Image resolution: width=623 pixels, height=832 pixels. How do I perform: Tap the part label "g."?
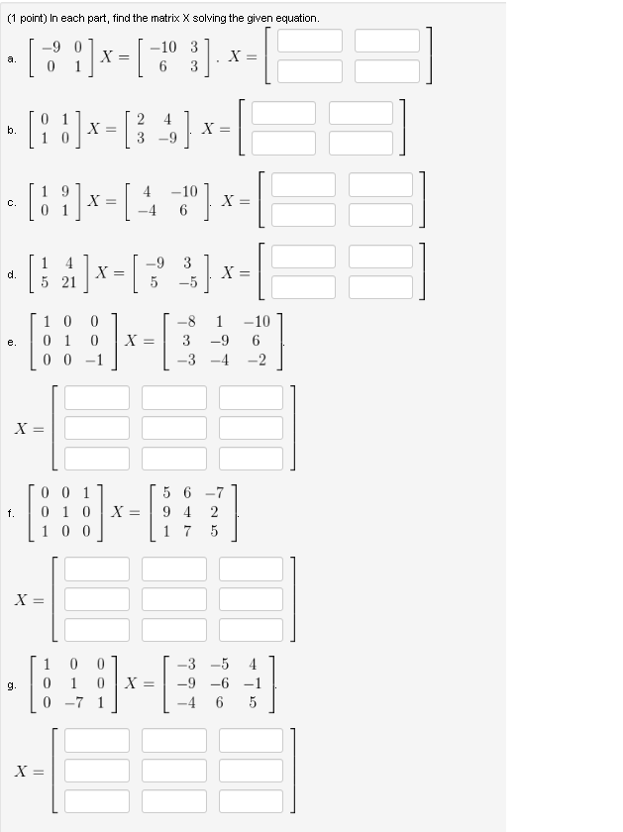click(x=11, y=683)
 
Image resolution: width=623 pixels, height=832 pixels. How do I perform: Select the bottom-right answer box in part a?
click(x=387, y=71)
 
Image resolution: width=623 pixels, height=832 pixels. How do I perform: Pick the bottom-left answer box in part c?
click(x=303, y=214)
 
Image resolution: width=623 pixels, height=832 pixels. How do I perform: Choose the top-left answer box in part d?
click(x=303, y=256)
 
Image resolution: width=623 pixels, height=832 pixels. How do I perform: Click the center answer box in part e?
click(x=173, y=427)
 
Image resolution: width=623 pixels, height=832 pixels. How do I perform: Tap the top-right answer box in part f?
click(x=251, y=569)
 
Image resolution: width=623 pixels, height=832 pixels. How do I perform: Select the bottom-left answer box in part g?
click(x=97, y=799)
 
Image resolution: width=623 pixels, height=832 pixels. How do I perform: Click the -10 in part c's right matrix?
click(x=184, y=191)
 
